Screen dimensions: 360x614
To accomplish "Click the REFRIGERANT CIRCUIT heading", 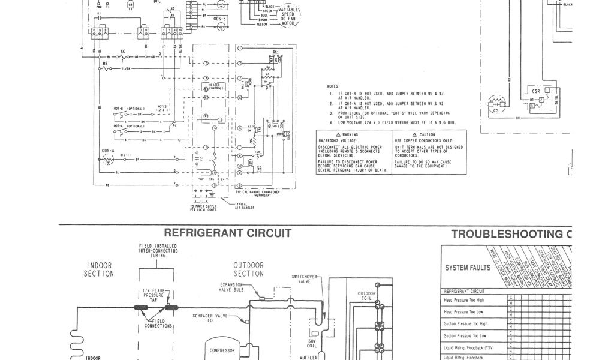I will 228,233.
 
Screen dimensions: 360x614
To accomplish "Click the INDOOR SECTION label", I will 100,269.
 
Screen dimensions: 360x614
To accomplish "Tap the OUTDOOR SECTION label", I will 248,269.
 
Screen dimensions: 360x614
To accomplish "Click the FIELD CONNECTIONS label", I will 159,325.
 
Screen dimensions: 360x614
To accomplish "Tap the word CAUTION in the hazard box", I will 428,134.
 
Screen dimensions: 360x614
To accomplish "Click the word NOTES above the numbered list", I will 333,86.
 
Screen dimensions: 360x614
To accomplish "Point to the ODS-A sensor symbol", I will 109,159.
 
